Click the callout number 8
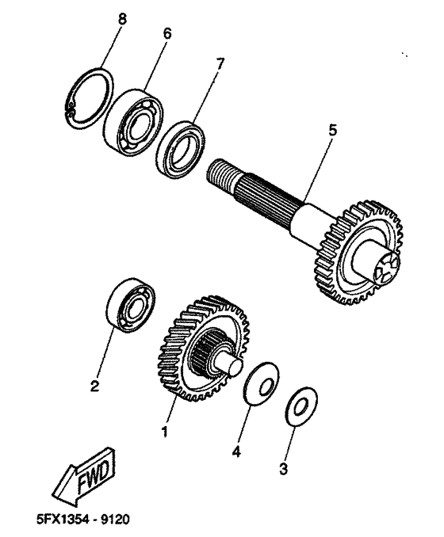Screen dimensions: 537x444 click(121, 17)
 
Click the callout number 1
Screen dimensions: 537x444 click(165, 432)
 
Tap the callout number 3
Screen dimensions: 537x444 click(283, 467)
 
